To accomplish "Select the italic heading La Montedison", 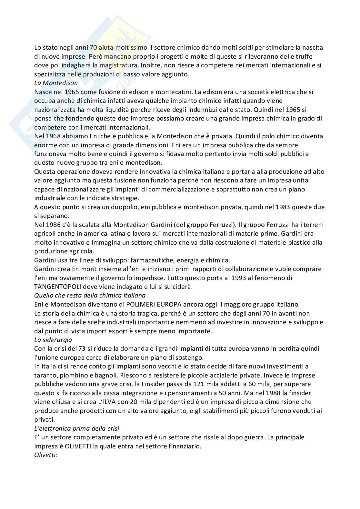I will tap(56, 83).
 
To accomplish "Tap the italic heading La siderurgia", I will tap(53, 339).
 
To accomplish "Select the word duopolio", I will tap(121, 207).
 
